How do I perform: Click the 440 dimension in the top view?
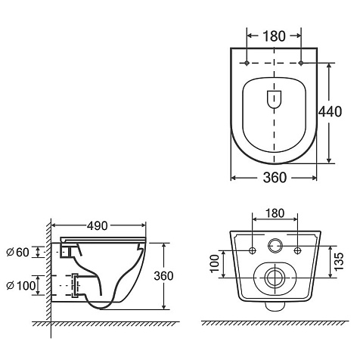tap(330, 112)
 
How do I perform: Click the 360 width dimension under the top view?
tap(275, 178)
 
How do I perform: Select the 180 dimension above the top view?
tap(275, 36)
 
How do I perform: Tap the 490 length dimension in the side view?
tap(98, 226)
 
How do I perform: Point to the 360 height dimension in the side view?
tap(163, 276)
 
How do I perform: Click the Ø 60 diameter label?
tap(18, 253)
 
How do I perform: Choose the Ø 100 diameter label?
tap(21, 286)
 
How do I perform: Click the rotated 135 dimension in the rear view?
tap(340, 262)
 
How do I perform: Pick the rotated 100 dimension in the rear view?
tap(215, 263)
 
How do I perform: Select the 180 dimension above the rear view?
tap(275, 213)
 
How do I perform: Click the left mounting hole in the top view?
tap(247, 63)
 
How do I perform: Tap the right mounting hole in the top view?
tap(301, 63)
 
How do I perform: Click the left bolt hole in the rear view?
tap(253, 250)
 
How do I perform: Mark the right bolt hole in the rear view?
tap(298, 250)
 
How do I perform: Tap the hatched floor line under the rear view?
tap(275, 323)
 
